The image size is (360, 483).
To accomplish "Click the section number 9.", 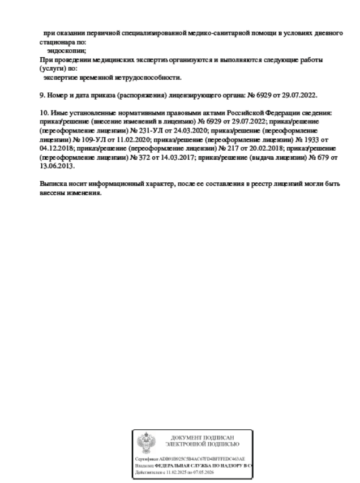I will coord(41,95).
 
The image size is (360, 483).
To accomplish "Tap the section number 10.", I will coord(43,113).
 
